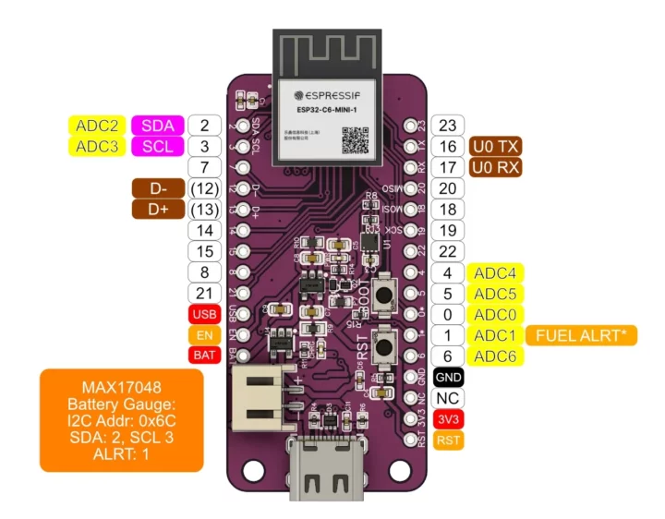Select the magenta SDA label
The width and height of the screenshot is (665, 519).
point(157,126)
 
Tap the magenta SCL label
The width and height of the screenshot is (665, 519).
point(157,146)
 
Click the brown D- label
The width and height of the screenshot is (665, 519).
point(158,188)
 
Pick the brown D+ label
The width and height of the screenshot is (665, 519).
point(158,210)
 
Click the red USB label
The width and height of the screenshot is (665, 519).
point(201,314)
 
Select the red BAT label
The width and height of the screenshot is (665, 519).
point(201,355)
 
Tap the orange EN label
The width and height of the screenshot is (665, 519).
point(201,334)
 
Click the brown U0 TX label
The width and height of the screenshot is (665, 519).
point(495,146)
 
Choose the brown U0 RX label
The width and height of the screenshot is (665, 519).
point(495,167)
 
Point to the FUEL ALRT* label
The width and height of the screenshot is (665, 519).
point(582,334)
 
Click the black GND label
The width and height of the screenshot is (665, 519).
point(448,377)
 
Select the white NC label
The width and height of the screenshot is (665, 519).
point(448,397)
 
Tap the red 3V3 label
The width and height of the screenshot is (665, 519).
point(448,418)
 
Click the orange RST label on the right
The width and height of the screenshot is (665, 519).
point(448,440)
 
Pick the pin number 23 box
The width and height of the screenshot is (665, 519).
point(448,126)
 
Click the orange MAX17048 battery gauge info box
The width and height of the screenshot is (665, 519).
point(121,420)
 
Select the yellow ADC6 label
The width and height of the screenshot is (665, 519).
point(495,356)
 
